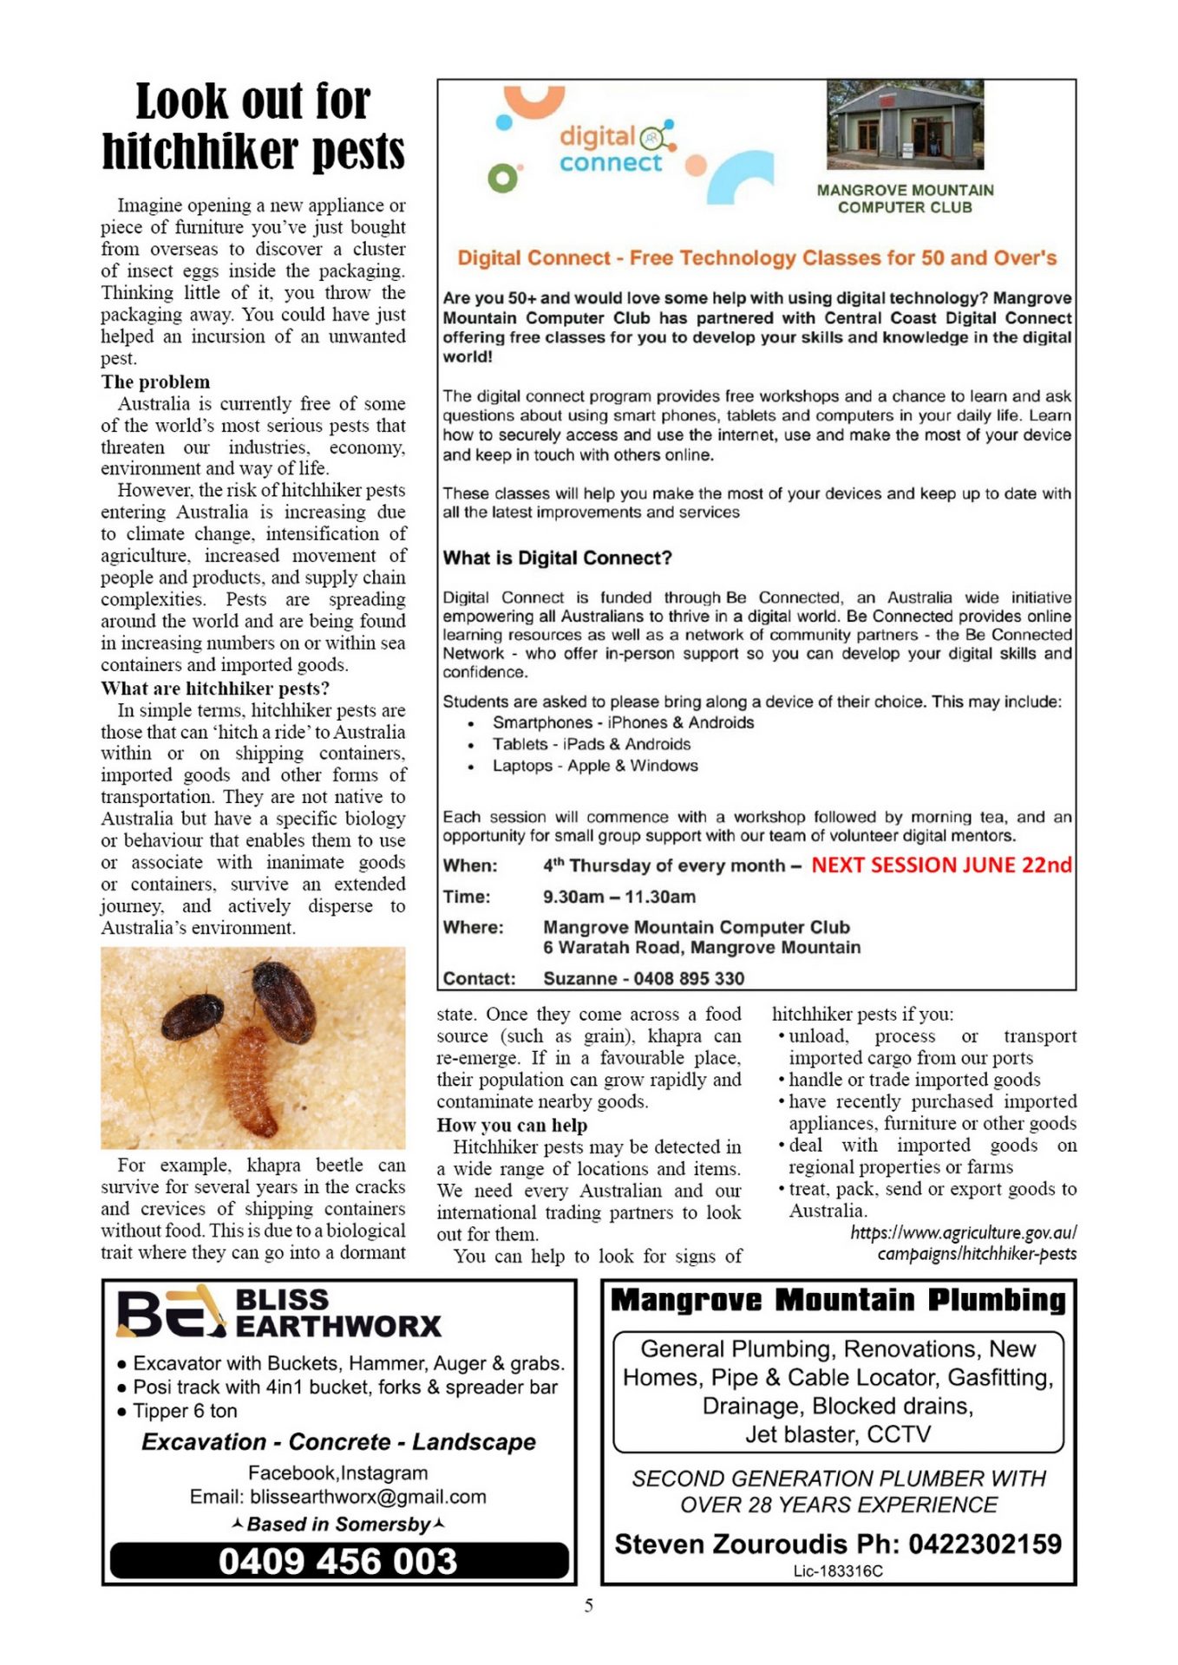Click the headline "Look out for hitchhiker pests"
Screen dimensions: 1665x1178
tap(252, 126)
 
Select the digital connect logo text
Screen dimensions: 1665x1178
tap(610, 149)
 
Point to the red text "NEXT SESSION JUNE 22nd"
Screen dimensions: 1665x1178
tap(941, 865)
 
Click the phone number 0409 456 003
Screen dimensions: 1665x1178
tap(338, 1562)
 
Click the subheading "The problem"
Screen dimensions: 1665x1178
tap(155, 382)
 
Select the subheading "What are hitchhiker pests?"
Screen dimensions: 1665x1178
tap(215, 689)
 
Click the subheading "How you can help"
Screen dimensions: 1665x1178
tap(512, 1125)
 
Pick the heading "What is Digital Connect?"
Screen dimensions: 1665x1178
tap(557, 558)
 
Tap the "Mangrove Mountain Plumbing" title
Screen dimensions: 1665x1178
tap(838, 1301)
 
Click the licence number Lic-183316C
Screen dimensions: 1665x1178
tap(838, 1570)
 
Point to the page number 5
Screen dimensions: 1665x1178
tap(589, 1606)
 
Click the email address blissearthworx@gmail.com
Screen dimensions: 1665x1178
tap(368, 1497)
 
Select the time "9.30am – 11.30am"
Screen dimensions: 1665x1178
tap(619, 897)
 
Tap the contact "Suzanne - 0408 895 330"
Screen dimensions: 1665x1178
tap(644, 978)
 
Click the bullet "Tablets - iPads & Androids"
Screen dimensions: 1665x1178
tap(592, 744)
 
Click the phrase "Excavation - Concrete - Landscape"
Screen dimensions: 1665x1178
tap(338, 1442)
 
